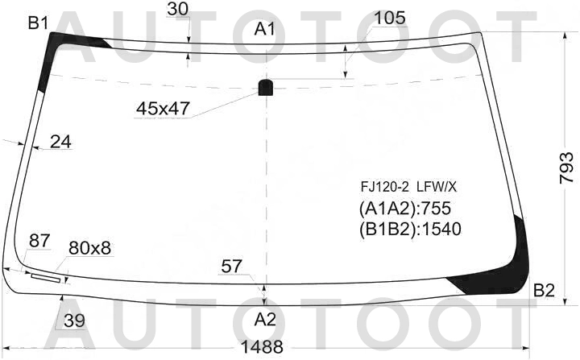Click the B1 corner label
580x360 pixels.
pos(38,23)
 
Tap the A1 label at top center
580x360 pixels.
pos(265,29)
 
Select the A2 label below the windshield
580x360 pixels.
pos(265,319)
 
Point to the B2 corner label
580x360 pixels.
pos(544,291)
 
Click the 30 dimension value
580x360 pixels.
pos(177,9)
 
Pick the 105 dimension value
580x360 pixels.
pos(390,18)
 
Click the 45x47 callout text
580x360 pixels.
pos(163,109)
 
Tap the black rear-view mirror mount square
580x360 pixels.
pos(266,87)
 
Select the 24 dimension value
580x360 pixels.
pos(60,142)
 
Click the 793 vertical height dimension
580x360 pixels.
pos(566,168)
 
